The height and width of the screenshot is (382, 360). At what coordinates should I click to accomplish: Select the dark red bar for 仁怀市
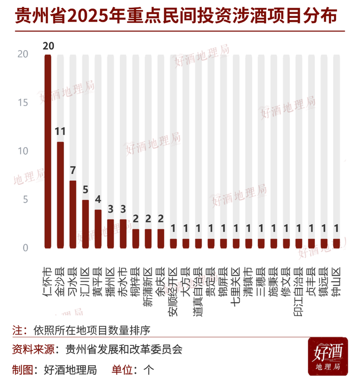tap(47, 151)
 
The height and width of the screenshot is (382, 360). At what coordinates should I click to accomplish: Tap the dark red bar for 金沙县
tap(60, 195)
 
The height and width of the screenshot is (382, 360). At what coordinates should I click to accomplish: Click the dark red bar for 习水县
tap(72, 214)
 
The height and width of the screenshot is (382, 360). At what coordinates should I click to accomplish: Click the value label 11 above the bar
tap(60, 132)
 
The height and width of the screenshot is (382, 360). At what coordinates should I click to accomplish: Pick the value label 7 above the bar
tap(72, 171)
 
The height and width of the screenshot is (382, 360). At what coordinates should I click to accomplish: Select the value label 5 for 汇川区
tap(85, 191)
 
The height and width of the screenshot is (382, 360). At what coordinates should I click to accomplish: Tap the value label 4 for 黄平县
tap(98, 200)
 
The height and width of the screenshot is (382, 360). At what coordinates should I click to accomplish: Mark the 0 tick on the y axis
tap(25, 248)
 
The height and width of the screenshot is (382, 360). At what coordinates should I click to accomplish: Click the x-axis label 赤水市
tap(122, 282)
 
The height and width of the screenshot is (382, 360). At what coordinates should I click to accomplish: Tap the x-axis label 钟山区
tap(336, 282)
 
